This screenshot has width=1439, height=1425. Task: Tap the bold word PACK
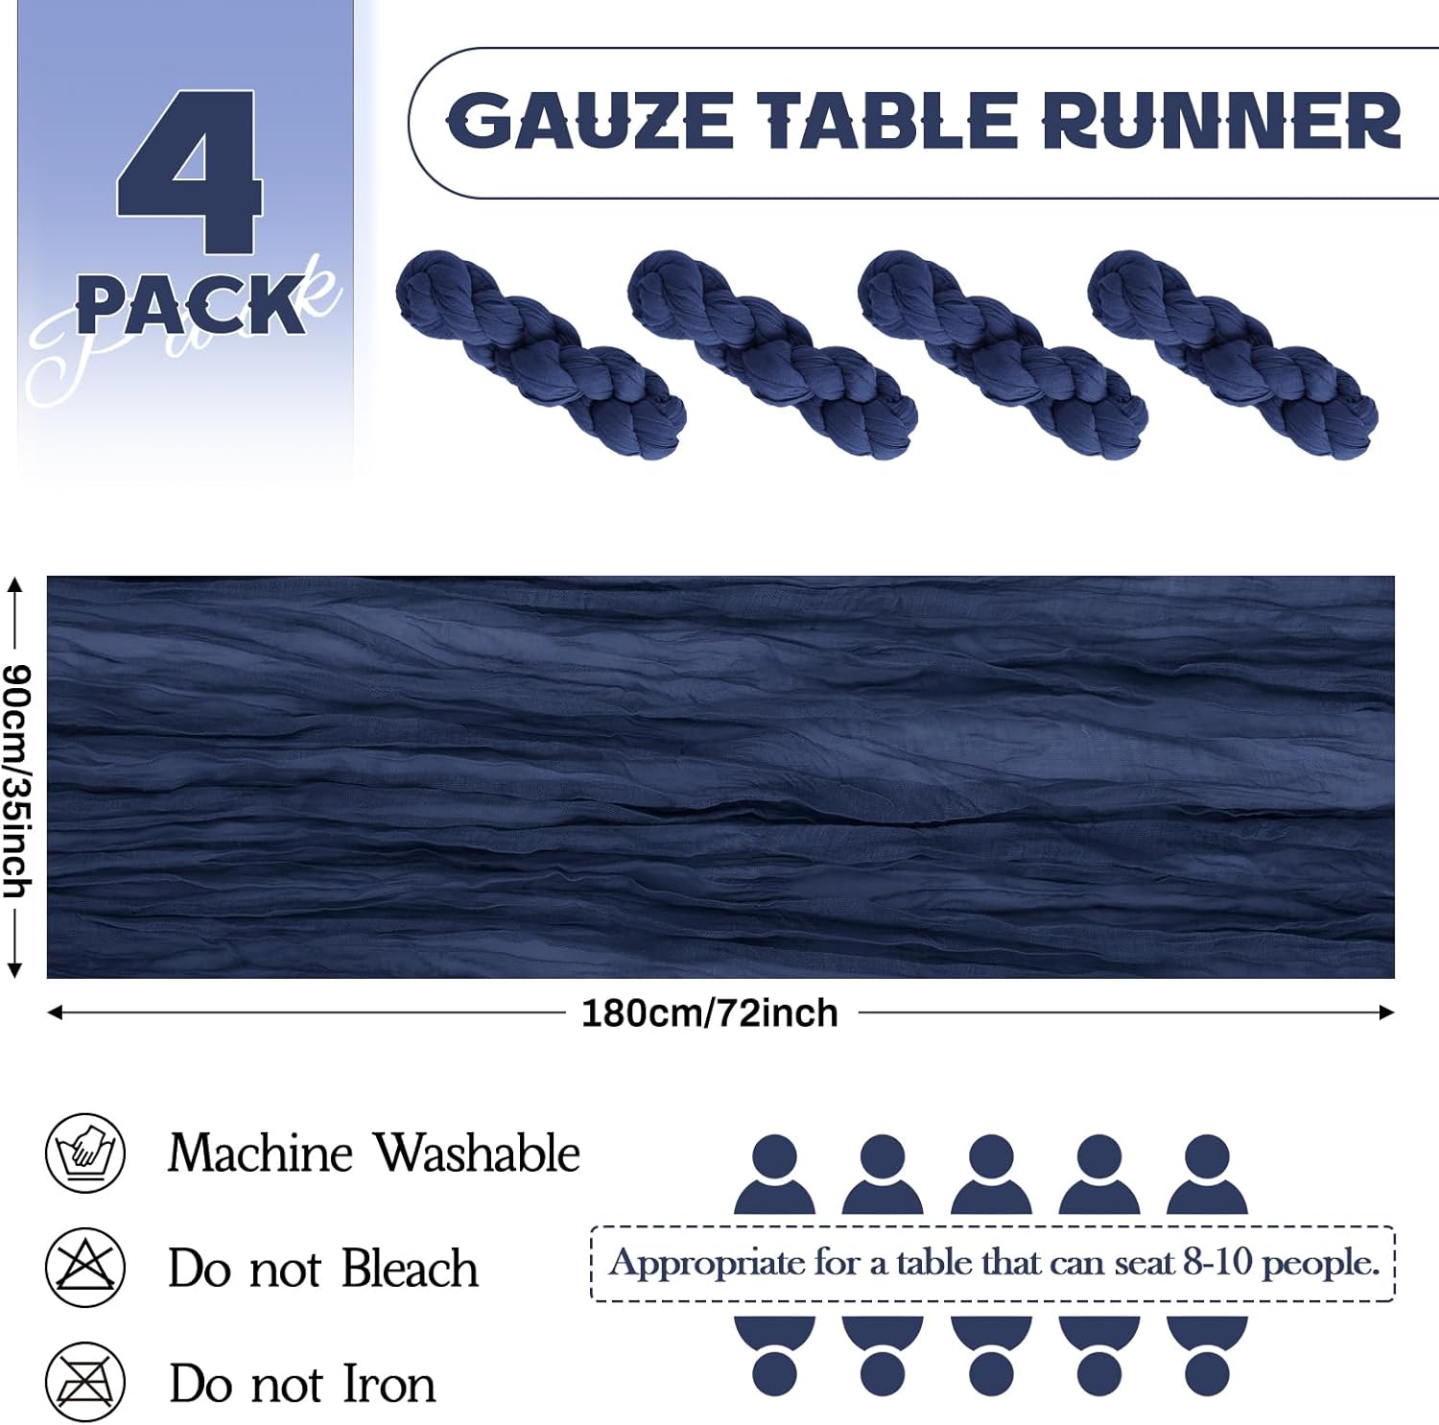point(191,306)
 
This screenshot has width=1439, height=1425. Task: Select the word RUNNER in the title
point(1221,121)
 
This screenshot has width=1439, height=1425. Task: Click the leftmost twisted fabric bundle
point(541,354)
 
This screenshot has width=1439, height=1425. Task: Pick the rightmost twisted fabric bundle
point(1233,354)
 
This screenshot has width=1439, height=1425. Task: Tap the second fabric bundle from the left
point(772,354)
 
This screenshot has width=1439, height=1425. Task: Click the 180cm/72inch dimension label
point(710,1013)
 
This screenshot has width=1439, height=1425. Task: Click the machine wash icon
point(85,1152)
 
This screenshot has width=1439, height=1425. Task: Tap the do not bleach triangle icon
point(85,1267)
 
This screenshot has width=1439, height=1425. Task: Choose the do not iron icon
point(85,1383)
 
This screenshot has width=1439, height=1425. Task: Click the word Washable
point(477,1152)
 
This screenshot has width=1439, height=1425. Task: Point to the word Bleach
point(410,1268)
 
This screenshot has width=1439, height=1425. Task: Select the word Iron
point(389,1384)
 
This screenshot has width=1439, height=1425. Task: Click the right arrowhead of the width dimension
point(1386,1012)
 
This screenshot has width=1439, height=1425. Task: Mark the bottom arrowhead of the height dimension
point(14,971)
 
